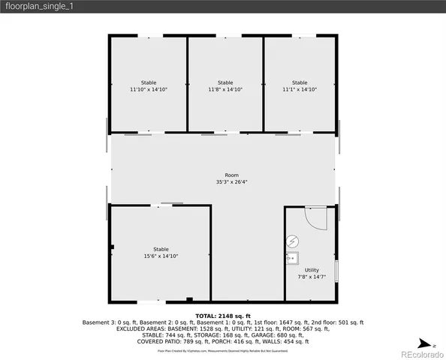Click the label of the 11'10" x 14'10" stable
149,82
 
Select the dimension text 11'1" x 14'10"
300,89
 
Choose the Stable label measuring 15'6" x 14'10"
161,249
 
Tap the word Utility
312,270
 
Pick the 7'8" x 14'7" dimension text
312,277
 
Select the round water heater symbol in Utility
293,242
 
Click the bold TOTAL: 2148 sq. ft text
223,316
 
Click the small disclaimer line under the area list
223,350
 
